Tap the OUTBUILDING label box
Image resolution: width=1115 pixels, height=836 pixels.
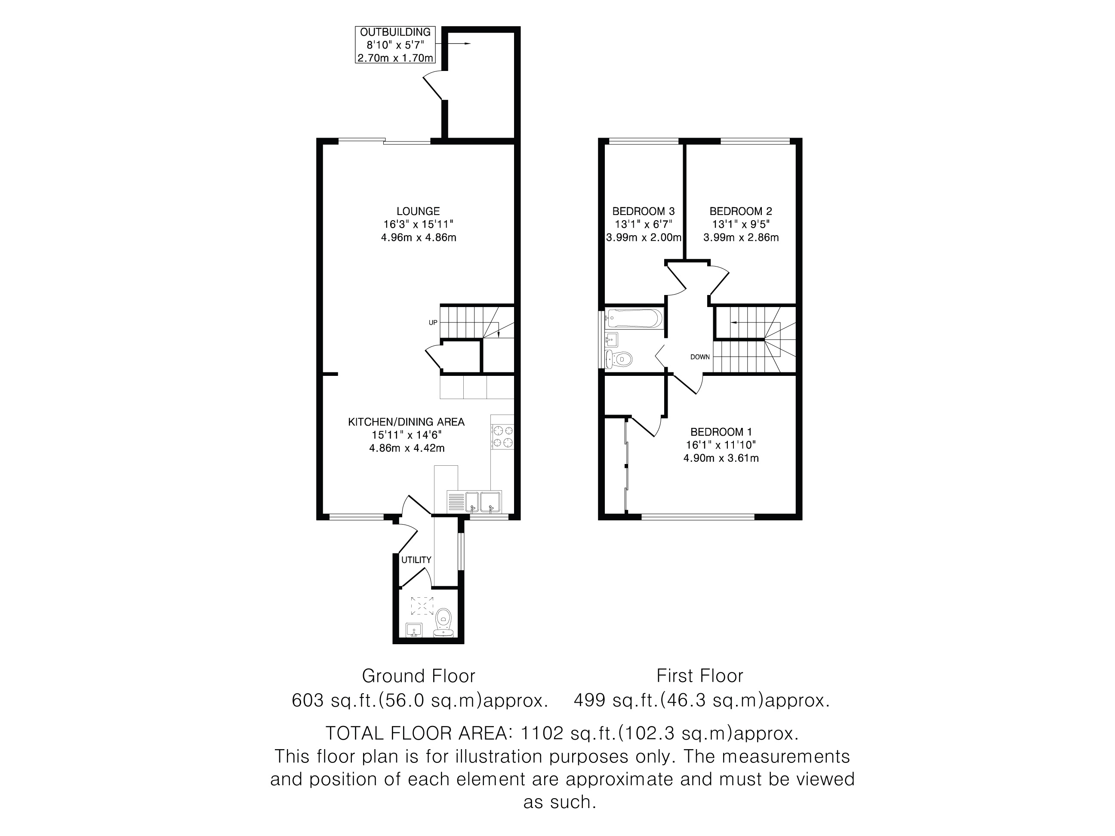point(395,45)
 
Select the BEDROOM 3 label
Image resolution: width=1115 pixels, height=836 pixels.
point(643,212)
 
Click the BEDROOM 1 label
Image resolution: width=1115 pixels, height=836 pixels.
point(721,432)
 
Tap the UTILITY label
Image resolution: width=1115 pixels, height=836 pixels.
point(416,560)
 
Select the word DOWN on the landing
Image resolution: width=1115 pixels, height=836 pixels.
point(699,357)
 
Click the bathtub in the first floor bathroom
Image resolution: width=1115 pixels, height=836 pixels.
point(635,319)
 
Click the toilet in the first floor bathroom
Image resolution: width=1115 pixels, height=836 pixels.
point(619,359)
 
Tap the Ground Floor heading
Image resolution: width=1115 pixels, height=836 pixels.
point(419,676)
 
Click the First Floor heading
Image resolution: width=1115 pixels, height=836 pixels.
point(699,676)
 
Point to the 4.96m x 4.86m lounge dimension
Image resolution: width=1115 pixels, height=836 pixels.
point(419,237)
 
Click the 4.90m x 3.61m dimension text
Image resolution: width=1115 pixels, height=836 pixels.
point(721,458)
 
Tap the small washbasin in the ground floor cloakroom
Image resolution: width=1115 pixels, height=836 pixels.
point(414,630)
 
